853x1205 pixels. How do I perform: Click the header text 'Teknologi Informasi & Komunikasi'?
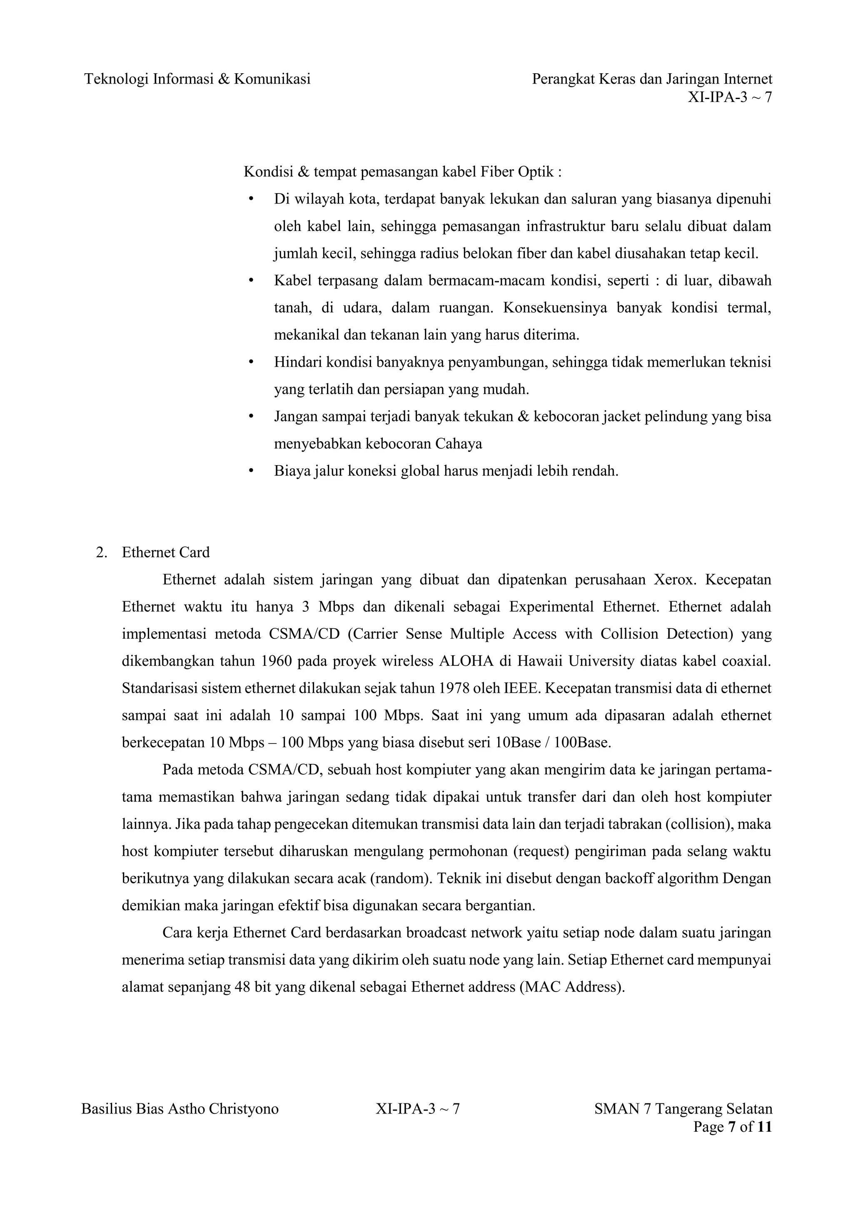click(197, 79)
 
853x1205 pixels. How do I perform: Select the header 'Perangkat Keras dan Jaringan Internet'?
click(652, 79)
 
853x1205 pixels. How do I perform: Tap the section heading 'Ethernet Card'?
click(165, 552)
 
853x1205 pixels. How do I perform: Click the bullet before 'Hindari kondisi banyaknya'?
click(251, 362)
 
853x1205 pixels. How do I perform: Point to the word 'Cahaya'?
click(459, 444)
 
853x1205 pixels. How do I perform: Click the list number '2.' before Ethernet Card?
click(101, 552)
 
